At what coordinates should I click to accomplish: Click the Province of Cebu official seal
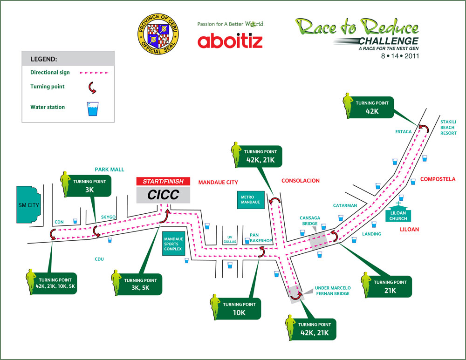158,35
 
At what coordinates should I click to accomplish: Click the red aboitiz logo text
230,41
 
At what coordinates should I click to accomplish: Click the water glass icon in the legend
95,109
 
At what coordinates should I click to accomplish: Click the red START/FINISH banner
163,181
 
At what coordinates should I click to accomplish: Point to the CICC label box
163,195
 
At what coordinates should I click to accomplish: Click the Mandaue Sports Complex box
174,245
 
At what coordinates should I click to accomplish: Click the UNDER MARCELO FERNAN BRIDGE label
332,291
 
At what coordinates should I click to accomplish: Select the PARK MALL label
110,170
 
